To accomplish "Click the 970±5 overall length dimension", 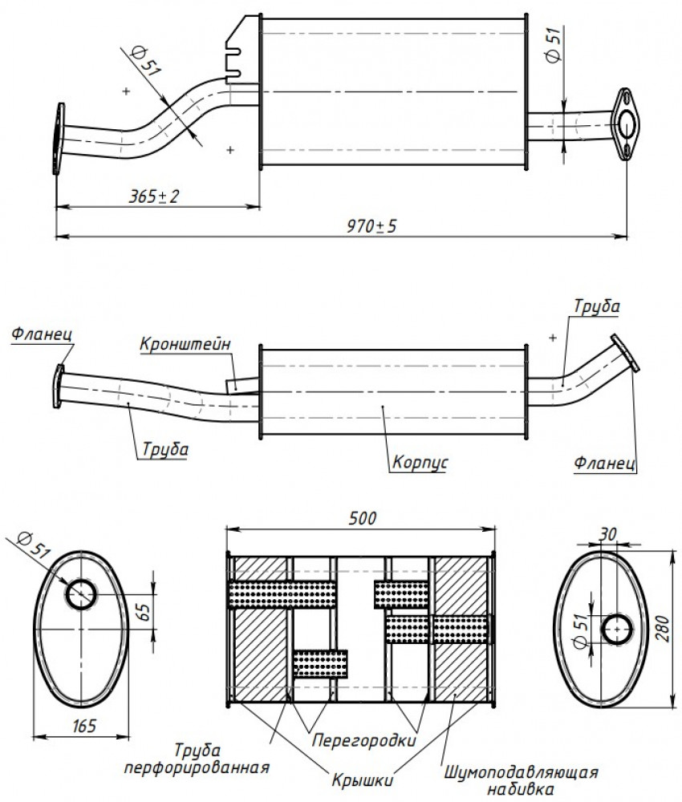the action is tap(371, 225).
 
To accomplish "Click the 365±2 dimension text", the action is tap(154, 196).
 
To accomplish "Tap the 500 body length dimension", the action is tap(362, 518).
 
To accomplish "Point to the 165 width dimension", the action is tap(84, 725).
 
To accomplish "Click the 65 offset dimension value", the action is tap(144, 612).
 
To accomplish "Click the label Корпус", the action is tap(420, 463).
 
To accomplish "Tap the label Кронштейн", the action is tap(185, 343).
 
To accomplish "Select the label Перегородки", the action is tap(363, 740).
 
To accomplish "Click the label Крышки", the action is tap(362, 780).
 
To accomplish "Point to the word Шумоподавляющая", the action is tap(521, 772).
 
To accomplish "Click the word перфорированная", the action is tap(197, 768).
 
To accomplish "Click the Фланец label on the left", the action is tap(42, 334).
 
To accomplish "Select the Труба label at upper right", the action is tap(597, 306).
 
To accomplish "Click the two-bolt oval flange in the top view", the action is tap(625, 124).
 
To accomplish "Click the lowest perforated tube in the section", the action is tap(321, 663).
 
